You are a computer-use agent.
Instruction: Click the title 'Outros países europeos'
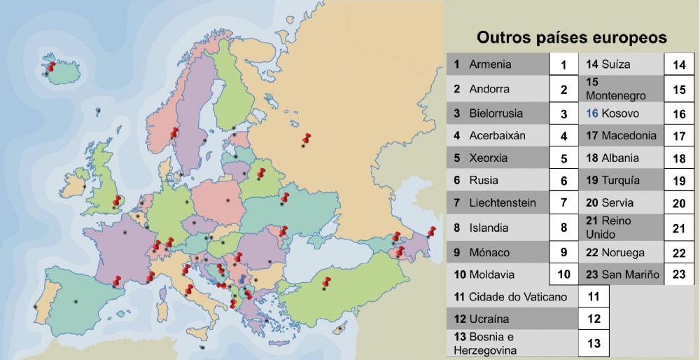(x=571, y=37)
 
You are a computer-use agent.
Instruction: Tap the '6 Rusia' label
(x=484, y=180)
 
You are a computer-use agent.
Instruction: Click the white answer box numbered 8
(x=563, y=228)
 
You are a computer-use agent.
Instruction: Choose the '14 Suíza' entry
(x=608, y=64)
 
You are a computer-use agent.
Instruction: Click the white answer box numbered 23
(x=678, y=275)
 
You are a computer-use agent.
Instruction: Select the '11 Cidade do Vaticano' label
(x=510, y=297)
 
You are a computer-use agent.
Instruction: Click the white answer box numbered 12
(x=594, y=319)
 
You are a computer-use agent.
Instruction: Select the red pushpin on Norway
(x=174, y=132)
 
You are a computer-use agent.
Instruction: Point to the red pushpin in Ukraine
(x=284, y=198)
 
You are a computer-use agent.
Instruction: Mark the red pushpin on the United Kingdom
(x=117, y=202)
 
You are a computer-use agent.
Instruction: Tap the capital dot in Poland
(x=228, y=202)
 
